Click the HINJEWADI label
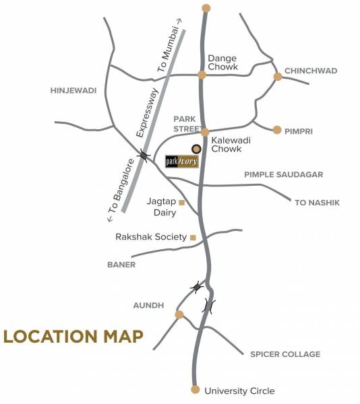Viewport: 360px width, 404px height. click(x=74, y=90)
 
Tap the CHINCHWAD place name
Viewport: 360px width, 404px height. click(x=310, y=71)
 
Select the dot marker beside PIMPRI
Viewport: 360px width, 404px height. click(x=277, y=129)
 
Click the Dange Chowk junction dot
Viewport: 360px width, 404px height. click(x=202, y=75)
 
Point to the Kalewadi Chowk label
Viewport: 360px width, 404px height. click(x=226, y=144)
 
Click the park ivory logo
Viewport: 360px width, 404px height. click(x=182, y=162)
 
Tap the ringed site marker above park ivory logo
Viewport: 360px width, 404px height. click(x=196, y=149)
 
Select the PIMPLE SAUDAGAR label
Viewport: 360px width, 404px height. click(x=283, y=174)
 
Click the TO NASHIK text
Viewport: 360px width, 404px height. click(x=317, y=202)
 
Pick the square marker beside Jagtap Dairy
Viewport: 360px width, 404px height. click(x=181, y=201)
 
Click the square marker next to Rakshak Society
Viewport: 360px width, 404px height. click(x=193, y=237)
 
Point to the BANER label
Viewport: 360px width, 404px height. click(x=121, y=265)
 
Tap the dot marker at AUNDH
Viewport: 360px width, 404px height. click(x=179, y=314)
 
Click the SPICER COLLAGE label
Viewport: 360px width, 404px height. click(x=285, y=354)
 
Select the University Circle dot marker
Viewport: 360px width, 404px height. click(x=196, y=390)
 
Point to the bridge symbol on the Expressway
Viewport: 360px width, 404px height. click(x=143, y=156)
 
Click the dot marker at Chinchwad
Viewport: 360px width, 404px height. click(x=277, y=77)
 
